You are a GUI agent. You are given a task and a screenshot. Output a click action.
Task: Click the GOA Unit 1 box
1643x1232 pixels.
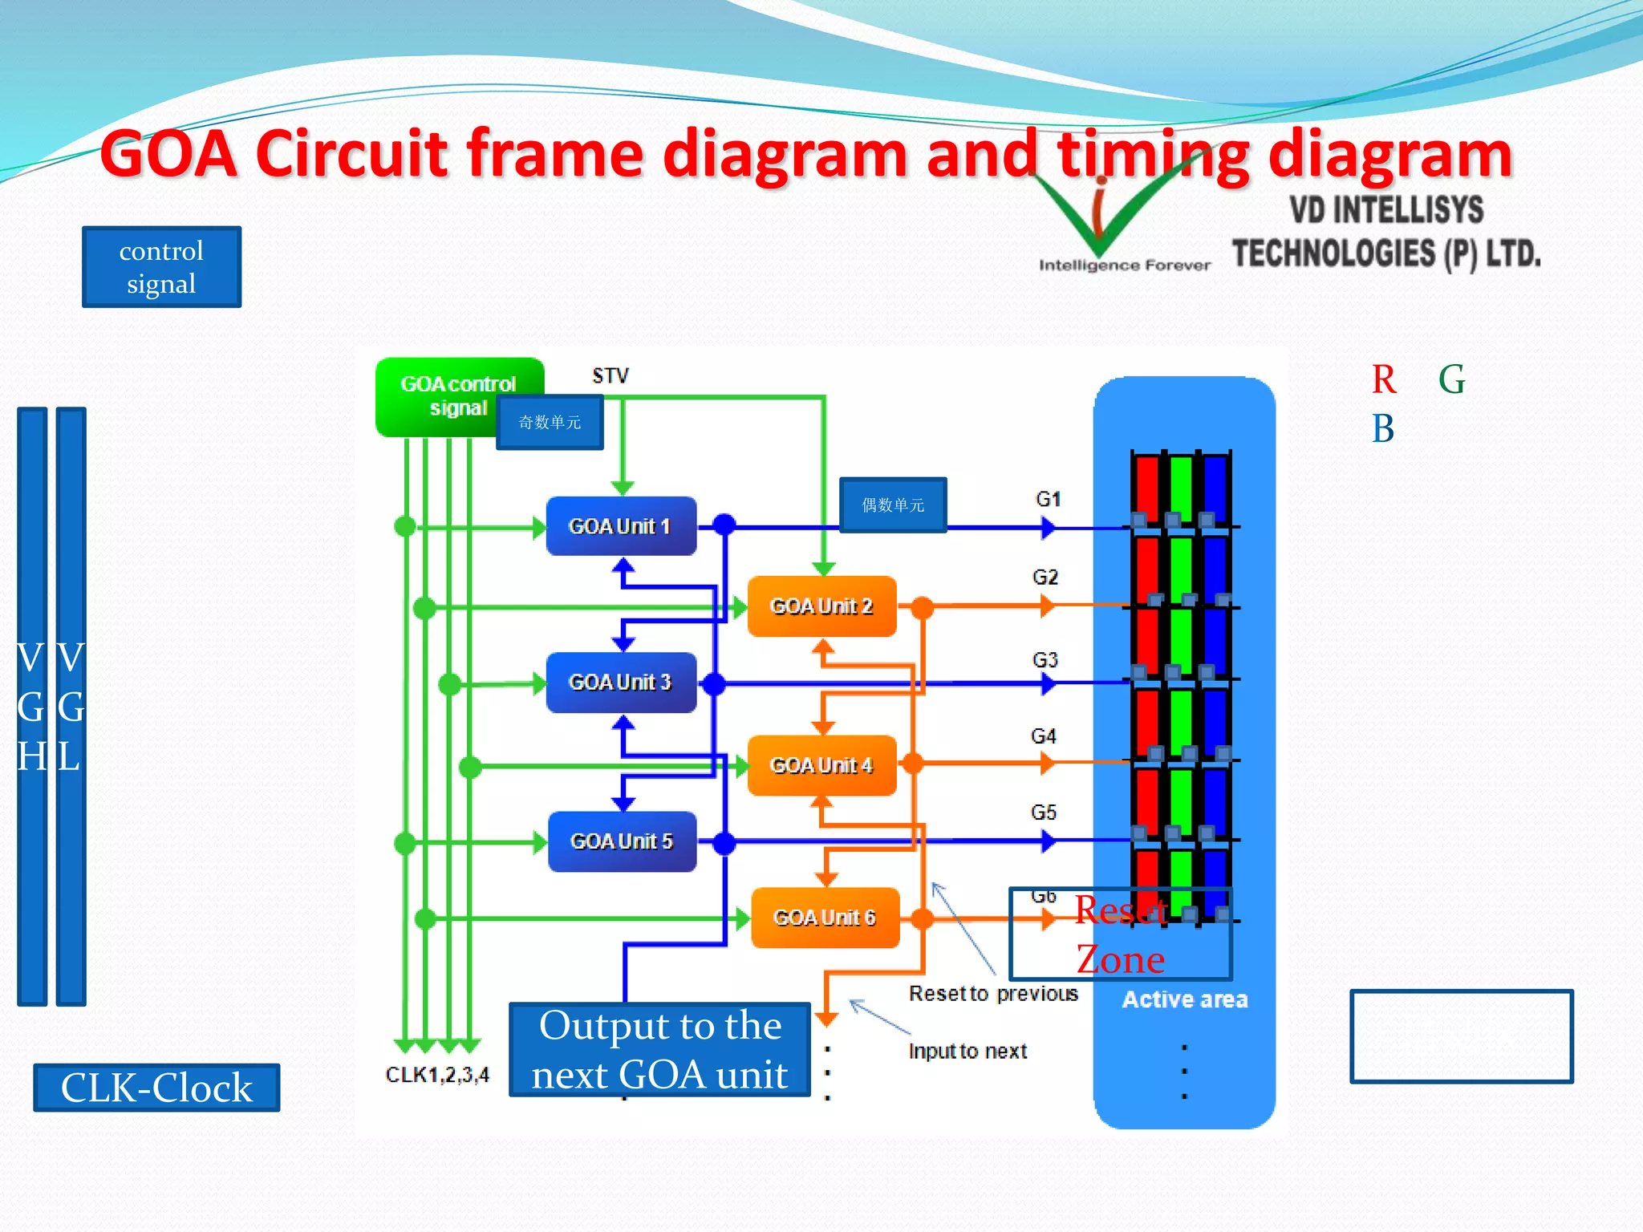tap(620, 526)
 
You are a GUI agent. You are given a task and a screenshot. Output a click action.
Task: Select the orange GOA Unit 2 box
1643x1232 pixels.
tap(821, 606)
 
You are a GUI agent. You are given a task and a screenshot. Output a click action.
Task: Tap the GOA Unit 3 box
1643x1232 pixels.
tap(620, 683)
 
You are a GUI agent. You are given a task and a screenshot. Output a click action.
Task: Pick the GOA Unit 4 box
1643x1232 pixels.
tap(821, 765)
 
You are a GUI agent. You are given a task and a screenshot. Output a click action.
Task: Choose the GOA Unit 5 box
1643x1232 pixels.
tap(622, 841)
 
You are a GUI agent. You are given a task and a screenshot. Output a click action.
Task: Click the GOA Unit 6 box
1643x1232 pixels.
tap(825, 918)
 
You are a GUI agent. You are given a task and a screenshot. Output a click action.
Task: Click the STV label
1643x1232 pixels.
tap(611, 376)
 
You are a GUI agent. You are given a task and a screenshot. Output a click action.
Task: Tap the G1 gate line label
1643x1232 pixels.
tap(1048, 499)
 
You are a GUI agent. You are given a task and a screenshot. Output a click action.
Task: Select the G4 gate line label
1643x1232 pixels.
tap(1043, 736)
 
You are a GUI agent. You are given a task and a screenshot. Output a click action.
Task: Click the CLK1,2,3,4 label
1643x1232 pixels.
tap(437, 1075)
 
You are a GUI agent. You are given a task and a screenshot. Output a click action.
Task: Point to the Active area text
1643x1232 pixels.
tap(1184, 999)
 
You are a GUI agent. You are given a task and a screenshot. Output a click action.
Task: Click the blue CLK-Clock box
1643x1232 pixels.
tap(156, 1088)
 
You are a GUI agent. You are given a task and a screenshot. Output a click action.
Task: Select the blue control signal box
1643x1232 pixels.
tap(161, 267)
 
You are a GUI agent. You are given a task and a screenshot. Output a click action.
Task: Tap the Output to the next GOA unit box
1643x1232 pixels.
tap(659, 1049)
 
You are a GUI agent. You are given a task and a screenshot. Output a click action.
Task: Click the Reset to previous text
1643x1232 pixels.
tap(993, 994)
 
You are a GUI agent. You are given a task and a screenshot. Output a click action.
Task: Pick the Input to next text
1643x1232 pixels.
tap(968, 1052)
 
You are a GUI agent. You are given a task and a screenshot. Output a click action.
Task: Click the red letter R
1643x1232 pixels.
tap(1383, 379)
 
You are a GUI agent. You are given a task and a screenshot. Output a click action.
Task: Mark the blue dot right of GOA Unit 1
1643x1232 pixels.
tap(724, 525)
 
